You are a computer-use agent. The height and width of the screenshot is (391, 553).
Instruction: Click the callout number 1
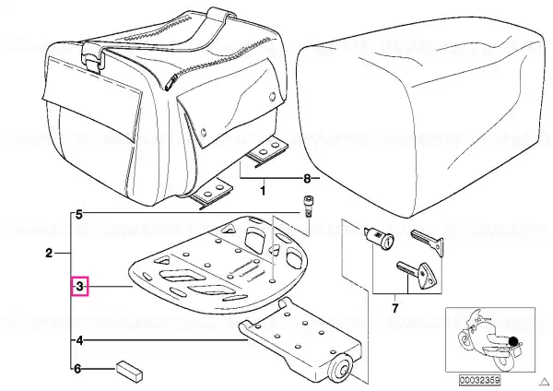tap(263, 191)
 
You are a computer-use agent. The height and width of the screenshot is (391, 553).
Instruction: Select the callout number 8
tap(307, 179)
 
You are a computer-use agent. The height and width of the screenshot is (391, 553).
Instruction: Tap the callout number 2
tap(49, 253)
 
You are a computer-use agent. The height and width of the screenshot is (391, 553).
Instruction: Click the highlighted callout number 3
tap(79, 286)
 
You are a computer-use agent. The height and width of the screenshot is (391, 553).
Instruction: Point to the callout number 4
tap(79, 340)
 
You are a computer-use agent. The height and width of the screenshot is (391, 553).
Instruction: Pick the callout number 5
tap(78, 214)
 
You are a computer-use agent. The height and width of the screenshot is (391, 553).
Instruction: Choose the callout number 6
tap(78, 369)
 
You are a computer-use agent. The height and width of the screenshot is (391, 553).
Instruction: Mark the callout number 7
tap(395, 308)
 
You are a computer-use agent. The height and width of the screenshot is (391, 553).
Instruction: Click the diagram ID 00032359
tap(479, 381)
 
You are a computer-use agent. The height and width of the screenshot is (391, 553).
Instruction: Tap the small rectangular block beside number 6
tap(129, 371)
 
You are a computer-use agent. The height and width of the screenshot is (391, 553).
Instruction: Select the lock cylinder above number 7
tap(379, 239)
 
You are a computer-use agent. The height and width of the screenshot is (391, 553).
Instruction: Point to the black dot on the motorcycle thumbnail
tap(513, 341)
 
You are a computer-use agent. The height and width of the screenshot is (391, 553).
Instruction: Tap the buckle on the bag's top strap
tap(94, 56)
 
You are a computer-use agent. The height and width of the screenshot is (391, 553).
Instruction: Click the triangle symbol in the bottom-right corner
tap(546, 381)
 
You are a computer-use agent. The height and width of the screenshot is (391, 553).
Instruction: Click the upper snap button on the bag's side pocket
tap(272, 95)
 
